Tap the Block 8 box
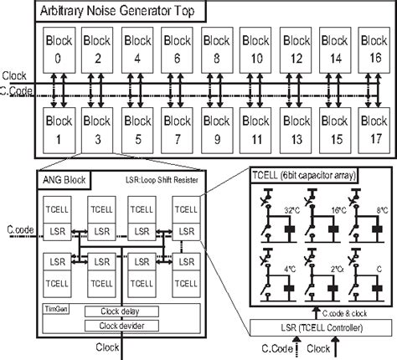click(x=217, y=48)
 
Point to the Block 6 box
click(x=178, y=48)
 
